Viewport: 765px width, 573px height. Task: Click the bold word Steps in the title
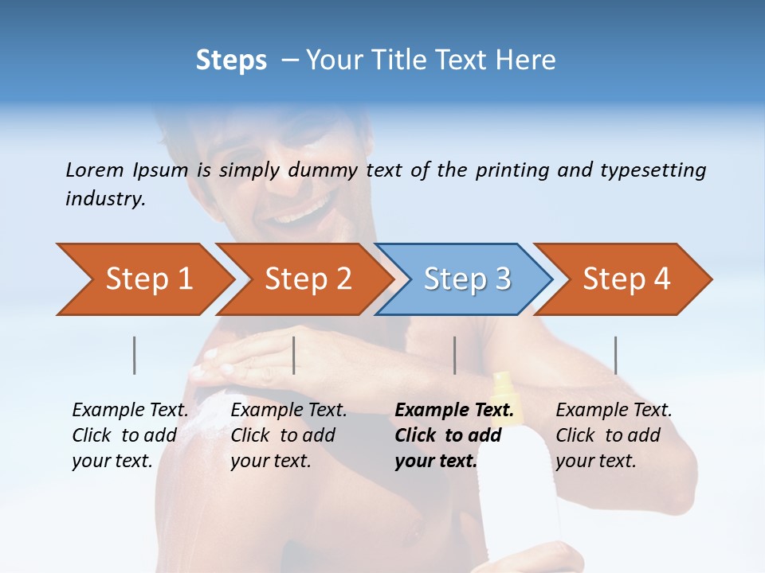pyautogui.click(x=231, y=60)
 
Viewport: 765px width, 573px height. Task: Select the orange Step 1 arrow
pyautogui.click(x=143, y=279)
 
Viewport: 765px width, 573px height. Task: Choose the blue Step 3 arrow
pyautogui.click(x=466, y=279)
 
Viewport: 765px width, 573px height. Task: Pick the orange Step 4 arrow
pyautogui.click(x=626, y=279)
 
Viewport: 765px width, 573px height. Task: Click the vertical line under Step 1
pyautogui.click(x=135, y=355)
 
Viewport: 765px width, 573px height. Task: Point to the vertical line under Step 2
pyautogui.click(x=294, y=355)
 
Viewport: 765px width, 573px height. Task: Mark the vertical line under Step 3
pyautogui.click(x=454, y=355)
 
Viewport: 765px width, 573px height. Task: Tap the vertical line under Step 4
pyautogui.click(x=615, y=355)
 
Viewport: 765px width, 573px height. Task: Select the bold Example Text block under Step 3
pyautogui.click(x=454, y=435)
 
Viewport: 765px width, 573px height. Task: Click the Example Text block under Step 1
pyautogui.click(x=130, y=435)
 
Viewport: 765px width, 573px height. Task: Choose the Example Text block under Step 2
pyautogui.click(x=288, y=435)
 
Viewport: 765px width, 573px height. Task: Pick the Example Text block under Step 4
pyautogui.click(x=614, y=435)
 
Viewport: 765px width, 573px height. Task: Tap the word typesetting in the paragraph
pyautogui.click(x=653, y=170)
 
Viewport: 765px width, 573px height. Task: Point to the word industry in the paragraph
pyautogui.click(x=104, y=199)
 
